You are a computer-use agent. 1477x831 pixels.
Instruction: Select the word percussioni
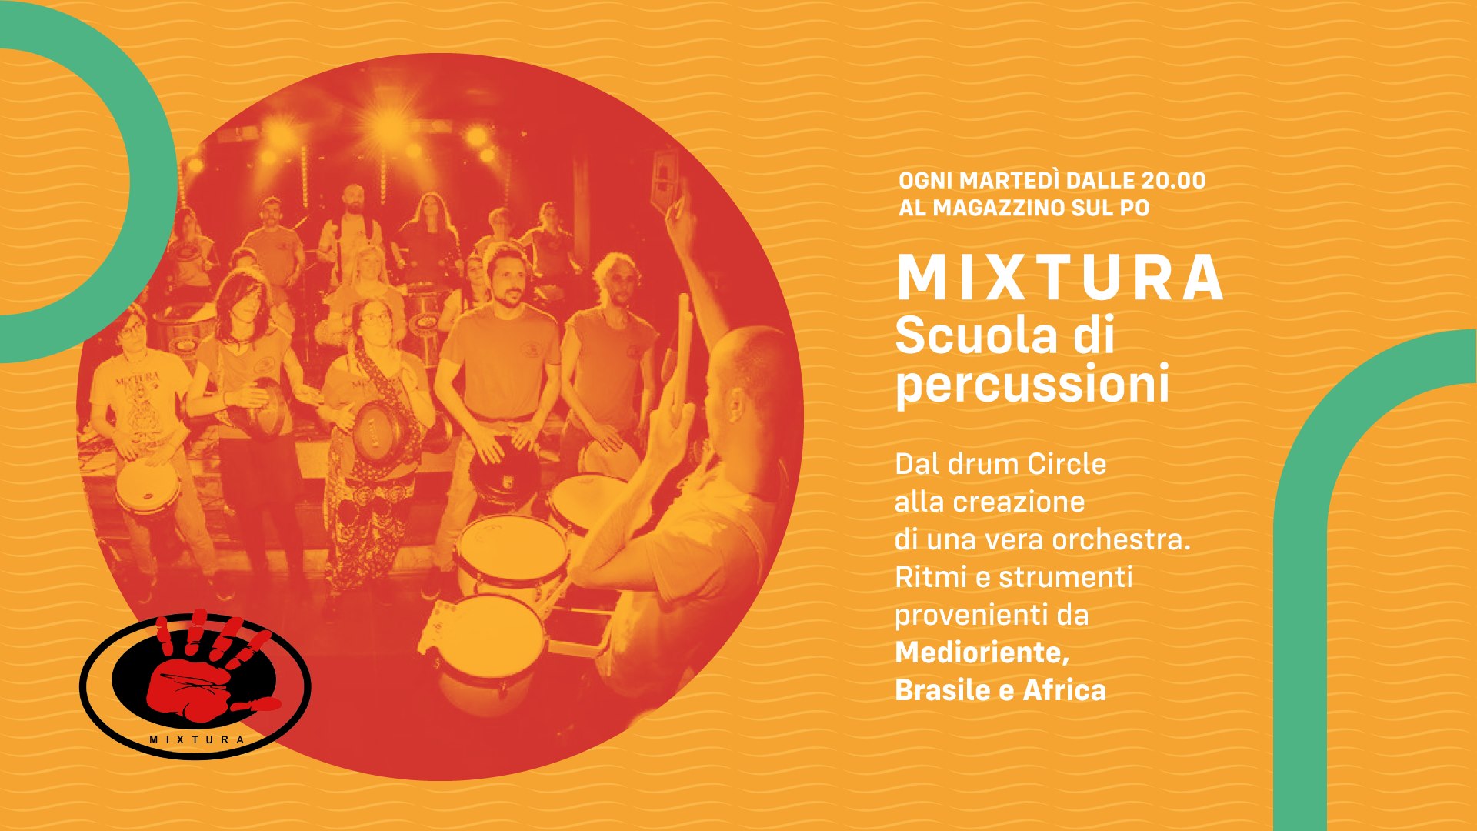coord(1032,385)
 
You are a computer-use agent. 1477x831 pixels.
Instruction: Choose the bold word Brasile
coord(943,690)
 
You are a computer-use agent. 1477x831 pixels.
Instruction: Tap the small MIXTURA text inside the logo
coord(197,739)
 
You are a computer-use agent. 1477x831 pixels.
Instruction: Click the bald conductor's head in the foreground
coord(750,381)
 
